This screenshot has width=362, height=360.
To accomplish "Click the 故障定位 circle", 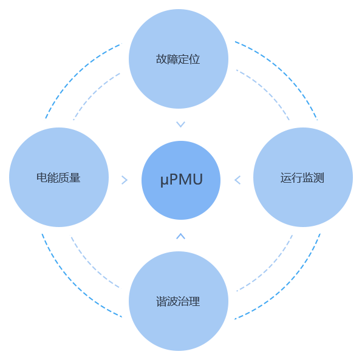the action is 179,59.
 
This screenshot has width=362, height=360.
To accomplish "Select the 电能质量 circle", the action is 59,177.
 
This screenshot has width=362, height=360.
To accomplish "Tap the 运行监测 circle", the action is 303,177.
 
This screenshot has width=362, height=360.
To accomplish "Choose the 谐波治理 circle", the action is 179,301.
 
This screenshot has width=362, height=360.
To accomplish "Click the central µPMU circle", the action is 181,180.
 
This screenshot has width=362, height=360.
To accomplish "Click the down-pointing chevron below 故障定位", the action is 180,124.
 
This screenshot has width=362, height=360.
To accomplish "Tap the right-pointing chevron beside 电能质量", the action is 125,180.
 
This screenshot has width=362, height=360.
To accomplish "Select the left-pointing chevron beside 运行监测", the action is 237,180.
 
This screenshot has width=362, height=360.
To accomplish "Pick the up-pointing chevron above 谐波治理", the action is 180,236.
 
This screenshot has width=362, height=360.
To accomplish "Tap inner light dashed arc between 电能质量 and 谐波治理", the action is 91,267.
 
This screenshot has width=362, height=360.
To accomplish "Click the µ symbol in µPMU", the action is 165,180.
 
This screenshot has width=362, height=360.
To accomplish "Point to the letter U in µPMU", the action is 197,179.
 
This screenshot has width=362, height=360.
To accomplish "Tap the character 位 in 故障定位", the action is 194,59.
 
